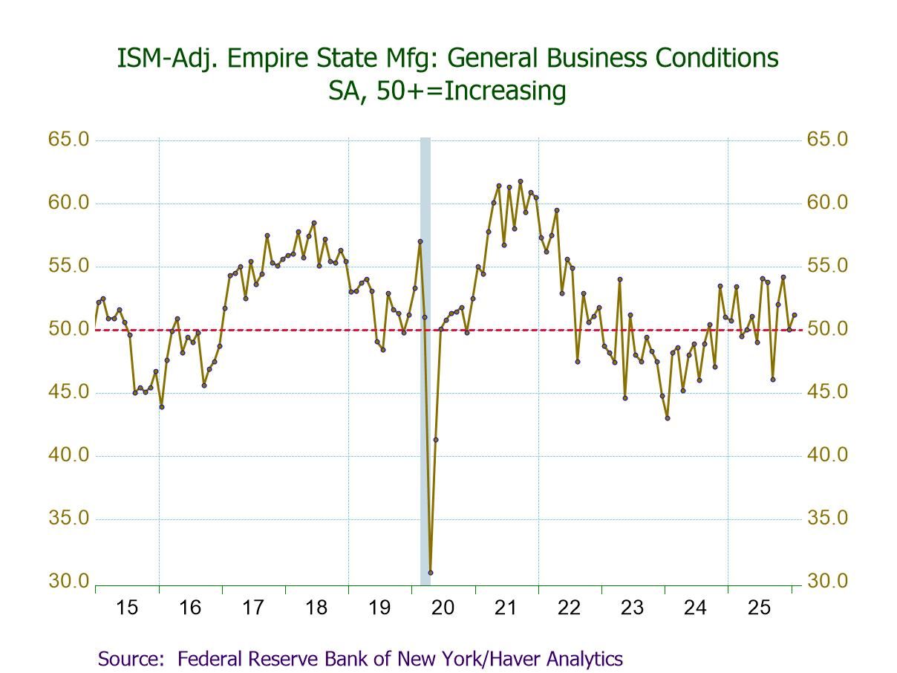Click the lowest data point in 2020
tap(430, 572)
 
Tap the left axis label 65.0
tap(68, 140)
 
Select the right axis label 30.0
tap(827, 581)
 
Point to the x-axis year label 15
tap(127, 608)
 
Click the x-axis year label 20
tap(443, 608)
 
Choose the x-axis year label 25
tap(759, 608)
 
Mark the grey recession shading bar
tap(425, 357)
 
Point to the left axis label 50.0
tap(68, 329)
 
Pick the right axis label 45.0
tap(827, 392)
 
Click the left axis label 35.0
tap(68, 518)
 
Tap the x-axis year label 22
tap(570, 608)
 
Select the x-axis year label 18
tap(316, 608)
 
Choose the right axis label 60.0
tap(827, 203)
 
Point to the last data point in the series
tap(795, 315)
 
